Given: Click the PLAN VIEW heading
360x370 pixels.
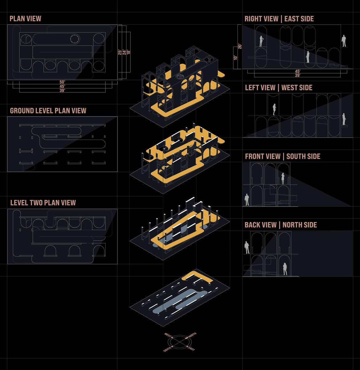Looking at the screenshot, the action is coord(25,18).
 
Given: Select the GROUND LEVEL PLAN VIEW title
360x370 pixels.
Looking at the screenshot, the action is coord(48,111).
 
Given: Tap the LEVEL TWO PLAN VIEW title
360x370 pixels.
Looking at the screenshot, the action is coord(43,202).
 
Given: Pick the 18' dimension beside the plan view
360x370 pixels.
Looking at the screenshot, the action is coord(128,52).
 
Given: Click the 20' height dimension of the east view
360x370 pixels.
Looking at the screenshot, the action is coord(240,46).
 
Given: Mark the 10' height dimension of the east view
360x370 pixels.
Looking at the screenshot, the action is coord(235,57).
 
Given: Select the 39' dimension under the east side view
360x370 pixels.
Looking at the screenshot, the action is coord(298,75).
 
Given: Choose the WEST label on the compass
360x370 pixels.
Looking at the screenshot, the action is coord(168,335).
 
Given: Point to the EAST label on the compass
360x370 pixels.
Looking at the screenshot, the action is coord(191,348).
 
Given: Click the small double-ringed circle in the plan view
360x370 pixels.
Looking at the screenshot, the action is coord(74,39).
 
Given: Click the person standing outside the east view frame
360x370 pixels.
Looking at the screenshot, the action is coord(344,41).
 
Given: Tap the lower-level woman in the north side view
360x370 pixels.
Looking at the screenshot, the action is coord(285,269).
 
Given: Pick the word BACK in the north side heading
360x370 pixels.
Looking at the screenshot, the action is coord(252,225).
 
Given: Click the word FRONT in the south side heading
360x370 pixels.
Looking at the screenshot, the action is coord(254,156).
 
